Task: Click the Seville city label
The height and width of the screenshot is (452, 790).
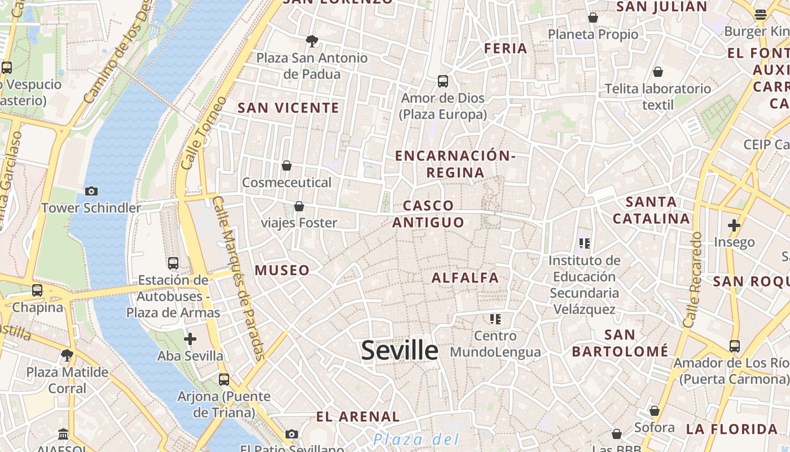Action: tap(400, 350)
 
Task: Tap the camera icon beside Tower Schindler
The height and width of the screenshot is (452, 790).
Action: tap(91, 191)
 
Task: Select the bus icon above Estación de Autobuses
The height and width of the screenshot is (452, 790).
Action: tap(173, 263)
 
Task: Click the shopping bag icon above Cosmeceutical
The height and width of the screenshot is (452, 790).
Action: tap(287, 166)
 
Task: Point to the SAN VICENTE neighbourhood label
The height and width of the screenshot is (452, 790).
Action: tap(288, 108)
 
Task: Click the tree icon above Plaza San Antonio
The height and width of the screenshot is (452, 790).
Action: tap(311, 41)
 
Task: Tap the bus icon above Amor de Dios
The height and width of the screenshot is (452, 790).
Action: tap(443, 81)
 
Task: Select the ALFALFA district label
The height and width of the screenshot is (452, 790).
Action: tap(466, 277)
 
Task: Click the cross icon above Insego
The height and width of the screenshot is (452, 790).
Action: tap(734, 225)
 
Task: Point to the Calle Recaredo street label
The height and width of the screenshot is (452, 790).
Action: tap(692, 280)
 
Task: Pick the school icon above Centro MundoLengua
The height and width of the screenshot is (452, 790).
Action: tap(495, 319)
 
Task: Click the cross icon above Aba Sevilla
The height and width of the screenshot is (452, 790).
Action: tap(190, 339)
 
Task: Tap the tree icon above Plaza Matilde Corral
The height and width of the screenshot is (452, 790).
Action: tap(67, 355)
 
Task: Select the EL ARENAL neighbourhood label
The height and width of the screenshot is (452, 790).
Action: tap(358, 417)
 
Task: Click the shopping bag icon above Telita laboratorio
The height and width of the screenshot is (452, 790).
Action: tap(658, 72)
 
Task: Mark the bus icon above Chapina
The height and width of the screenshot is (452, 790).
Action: tap(37, 290)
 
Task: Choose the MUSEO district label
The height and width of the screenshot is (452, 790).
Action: tap(282, 270)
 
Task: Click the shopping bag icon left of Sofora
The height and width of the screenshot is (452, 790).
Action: tap(655, 411)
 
